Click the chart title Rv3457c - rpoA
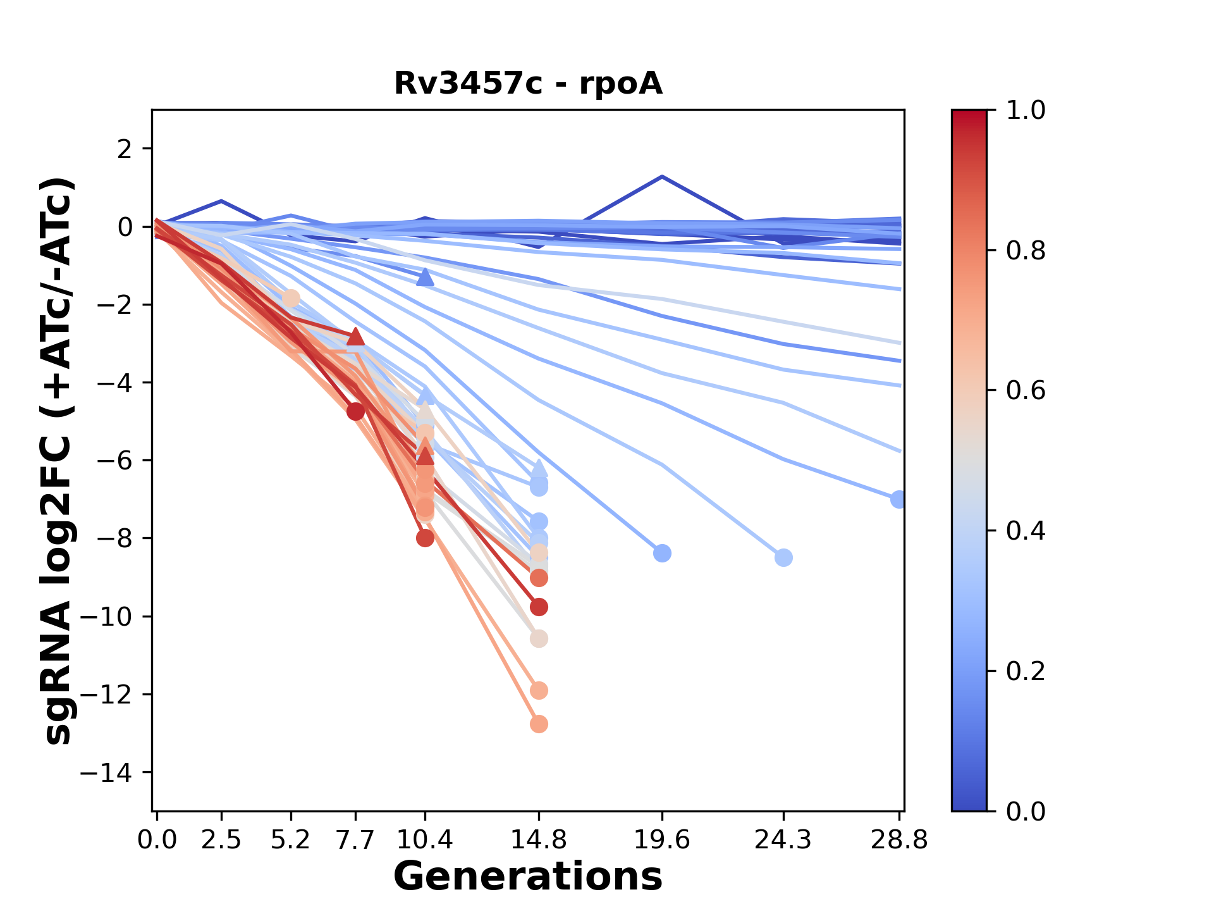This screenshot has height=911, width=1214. coord(528,84)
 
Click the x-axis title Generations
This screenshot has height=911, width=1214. coord(528,877)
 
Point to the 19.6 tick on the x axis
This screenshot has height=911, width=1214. coord(662,840)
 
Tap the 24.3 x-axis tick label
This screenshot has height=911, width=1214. coord(783,840)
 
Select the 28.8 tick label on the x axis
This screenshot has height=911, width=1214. coord(899,840)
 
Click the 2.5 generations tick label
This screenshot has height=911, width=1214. coord(221,840)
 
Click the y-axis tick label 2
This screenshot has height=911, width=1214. coord(125,149)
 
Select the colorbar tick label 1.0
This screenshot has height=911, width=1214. coord(1026,111)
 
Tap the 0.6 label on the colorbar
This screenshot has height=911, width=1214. coord(1026,391)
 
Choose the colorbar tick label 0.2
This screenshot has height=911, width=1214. coord(1026,671)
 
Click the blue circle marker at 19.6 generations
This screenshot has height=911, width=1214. coord(662,554)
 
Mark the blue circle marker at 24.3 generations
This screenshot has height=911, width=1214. coord(783,558)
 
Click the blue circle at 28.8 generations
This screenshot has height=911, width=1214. coord(898,500)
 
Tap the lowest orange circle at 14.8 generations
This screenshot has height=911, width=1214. coord(539,724)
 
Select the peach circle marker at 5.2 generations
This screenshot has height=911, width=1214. coord(291,298)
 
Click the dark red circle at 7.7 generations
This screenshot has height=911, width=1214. coord(355,412)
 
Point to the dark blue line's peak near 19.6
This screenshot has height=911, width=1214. coord(662,177)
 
